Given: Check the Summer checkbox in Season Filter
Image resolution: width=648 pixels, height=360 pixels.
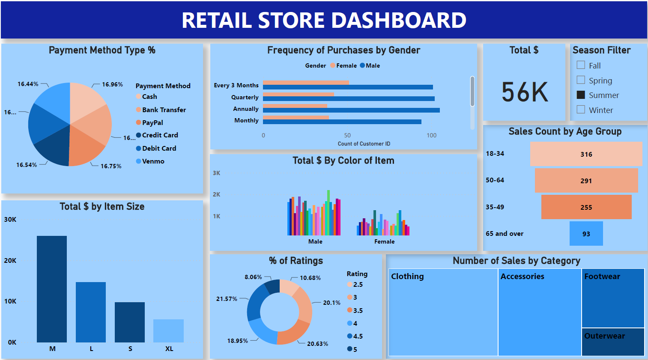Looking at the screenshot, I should [581, 95].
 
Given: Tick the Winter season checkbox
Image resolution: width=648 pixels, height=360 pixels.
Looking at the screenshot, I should [581, 110].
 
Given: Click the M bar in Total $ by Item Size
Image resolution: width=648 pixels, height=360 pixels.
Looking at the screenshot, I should [52, 289].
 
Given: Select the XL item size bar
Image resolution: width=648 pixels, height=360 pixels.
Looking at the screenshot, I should [168, 330].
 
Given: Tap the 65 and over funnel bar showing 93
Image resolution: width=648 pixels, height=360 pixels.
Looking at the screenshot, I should [586, 234].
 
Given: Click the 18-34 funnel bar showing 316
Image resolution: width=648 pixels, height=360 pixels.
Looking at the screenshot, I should [586, 154].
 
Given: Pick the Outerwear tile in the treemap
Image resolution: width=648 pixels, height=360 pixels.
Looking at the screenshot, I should [613, 342].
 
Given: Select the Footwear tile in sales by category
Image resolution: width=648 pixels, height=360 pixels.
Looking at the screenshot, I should [613, 298].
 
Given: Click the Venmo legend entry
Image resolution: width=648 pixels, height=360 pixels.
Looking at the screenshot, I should [153, 161].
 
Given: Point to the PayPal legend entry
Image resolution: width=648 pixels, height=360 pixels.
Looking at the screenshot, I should [152, 122].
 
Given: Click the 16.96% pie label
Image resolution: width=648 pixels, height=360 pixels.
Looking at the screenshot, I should [112, 84].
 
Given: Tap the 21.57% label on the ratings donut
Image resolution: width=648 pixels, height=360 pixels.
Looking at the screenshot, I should [227, 299].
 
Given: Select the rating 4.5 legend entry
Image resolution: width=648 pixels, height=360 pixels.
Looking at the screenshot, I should [358, 336].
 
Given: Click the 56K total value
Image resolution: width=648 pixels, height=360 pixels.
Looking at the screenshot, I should [525, 92].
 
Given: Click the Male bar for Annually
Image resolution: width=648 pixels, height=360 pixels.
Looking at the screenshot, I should [351, 110].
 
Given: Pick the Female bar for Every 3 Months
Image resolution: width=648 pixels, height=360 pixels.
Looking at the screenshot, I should [306, 83].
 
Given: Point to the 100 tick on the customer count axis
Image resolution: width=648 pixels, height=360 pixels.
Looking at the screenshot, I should [431, 135].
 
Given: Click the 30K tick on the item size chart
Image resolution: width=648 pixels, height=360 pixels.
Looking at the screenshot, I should [10, 220].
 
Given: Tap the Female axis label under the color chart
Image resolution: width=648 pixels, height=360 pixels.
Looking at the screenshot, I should [384, 241].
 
